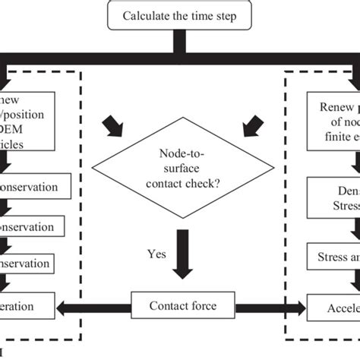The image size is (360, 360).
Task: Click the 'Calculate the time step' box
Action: point(179,16)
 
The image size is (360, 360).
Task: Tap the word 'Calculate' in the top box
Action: point(148,16)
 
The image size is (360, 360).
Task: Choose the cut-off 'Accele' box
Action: point(334,308)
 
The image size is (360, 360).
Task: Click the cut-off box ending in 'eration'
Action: point(27,308)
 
